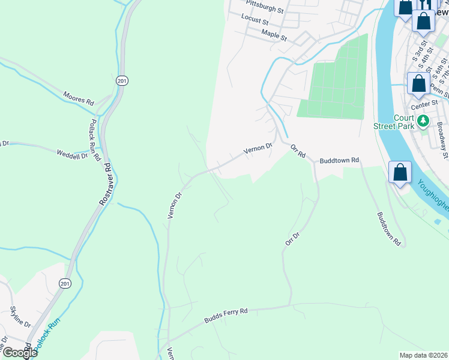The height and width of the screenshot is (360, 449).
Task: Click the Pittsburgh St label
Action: [264, 10]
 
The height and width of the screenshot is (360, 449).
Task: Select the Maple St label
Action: [274, 35]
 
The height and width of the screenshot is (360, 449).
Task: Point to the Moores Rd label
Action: [79, 98]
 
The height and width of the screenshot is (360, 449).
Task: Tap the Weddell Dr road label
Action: [72, 154]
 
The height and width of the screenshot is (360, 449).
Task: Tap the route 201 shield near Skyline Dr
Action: [64, 283]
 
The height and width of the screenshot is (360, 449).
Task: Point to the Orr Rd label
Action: [298, 151]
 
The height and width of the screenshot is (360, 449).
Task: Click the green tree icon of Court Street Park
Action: [424, 121]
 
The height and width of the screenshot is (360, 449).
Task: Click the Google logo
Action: [19, 353]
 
